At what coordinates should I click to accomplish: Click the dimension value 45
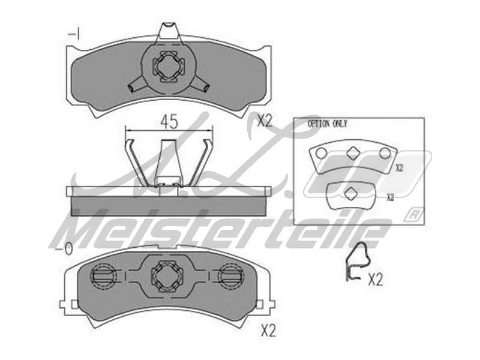click(169, 122)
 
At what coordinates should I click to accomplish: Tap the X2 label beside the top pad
click(265, 121)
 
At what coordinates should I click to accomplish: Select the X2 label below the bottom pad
click(268, 329)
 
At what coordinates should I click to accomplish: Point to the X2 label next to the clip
click(375, 279)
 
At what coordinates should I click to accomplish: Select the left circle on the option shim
click(322, 153)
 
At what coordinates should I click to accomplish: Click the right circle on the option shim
click(385, 154)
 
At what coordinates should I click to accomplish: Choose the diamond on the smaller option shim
click(351, 193)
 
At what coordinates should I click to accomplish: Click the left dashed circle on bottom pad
click(104, 276)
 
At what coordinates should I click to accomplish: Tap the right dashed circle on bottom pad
click(229, 276)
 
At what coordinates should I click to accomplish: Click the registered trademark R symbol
click(414, 212)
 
